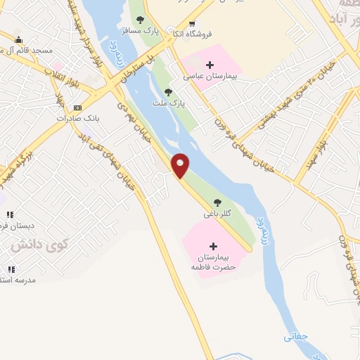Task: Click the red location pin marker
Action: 181,165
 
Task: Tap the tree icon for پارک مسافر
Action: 140,20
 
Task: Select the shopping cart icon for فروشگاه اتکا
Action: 191,43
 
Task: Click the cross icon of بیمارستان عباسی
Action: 208,65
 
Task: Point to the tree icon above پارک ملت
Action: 167,92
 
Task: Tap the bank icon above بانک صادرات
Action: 77,108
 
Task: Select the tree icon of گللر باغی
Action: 216,202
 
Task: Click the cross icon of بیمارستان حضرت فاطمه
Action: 213,246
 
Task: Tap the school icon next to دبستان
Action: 11,214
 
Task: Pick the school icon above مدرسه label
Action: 11,269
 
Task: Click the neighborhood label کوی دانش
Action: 40,245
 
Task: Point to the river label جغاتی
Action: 295,337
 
